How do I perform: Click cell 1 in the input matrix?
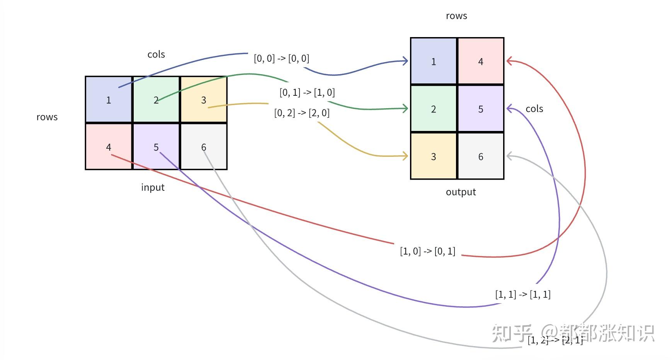click(109, 100)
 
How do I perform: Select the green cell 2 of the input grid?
click(156, 100)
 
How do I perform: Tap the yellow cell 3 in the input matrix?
click(204, 100)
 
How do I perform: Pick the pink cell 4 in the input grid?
click(109, 147)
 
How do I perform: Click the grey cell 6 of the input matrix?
click(204, 147)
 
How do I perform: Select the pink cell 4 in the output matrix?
click(481, 61)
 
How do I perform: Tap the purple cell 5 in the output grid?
click(481, 109)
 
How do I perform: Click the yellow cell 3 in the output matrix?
click(434, 156)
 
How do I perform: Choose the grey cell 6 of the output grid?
click(481, 156)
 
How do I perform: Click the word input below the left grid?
click(153, 187)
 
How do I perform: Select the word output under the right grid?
click(461, 192)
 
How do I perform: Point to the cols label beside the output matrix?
click(534, 109)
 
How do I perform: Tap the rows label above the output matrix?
click(456, 16)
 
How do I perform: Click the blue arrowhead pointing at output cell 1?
click(406, 61)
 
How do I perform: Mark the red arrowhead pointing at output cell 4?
click(509, 61)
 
